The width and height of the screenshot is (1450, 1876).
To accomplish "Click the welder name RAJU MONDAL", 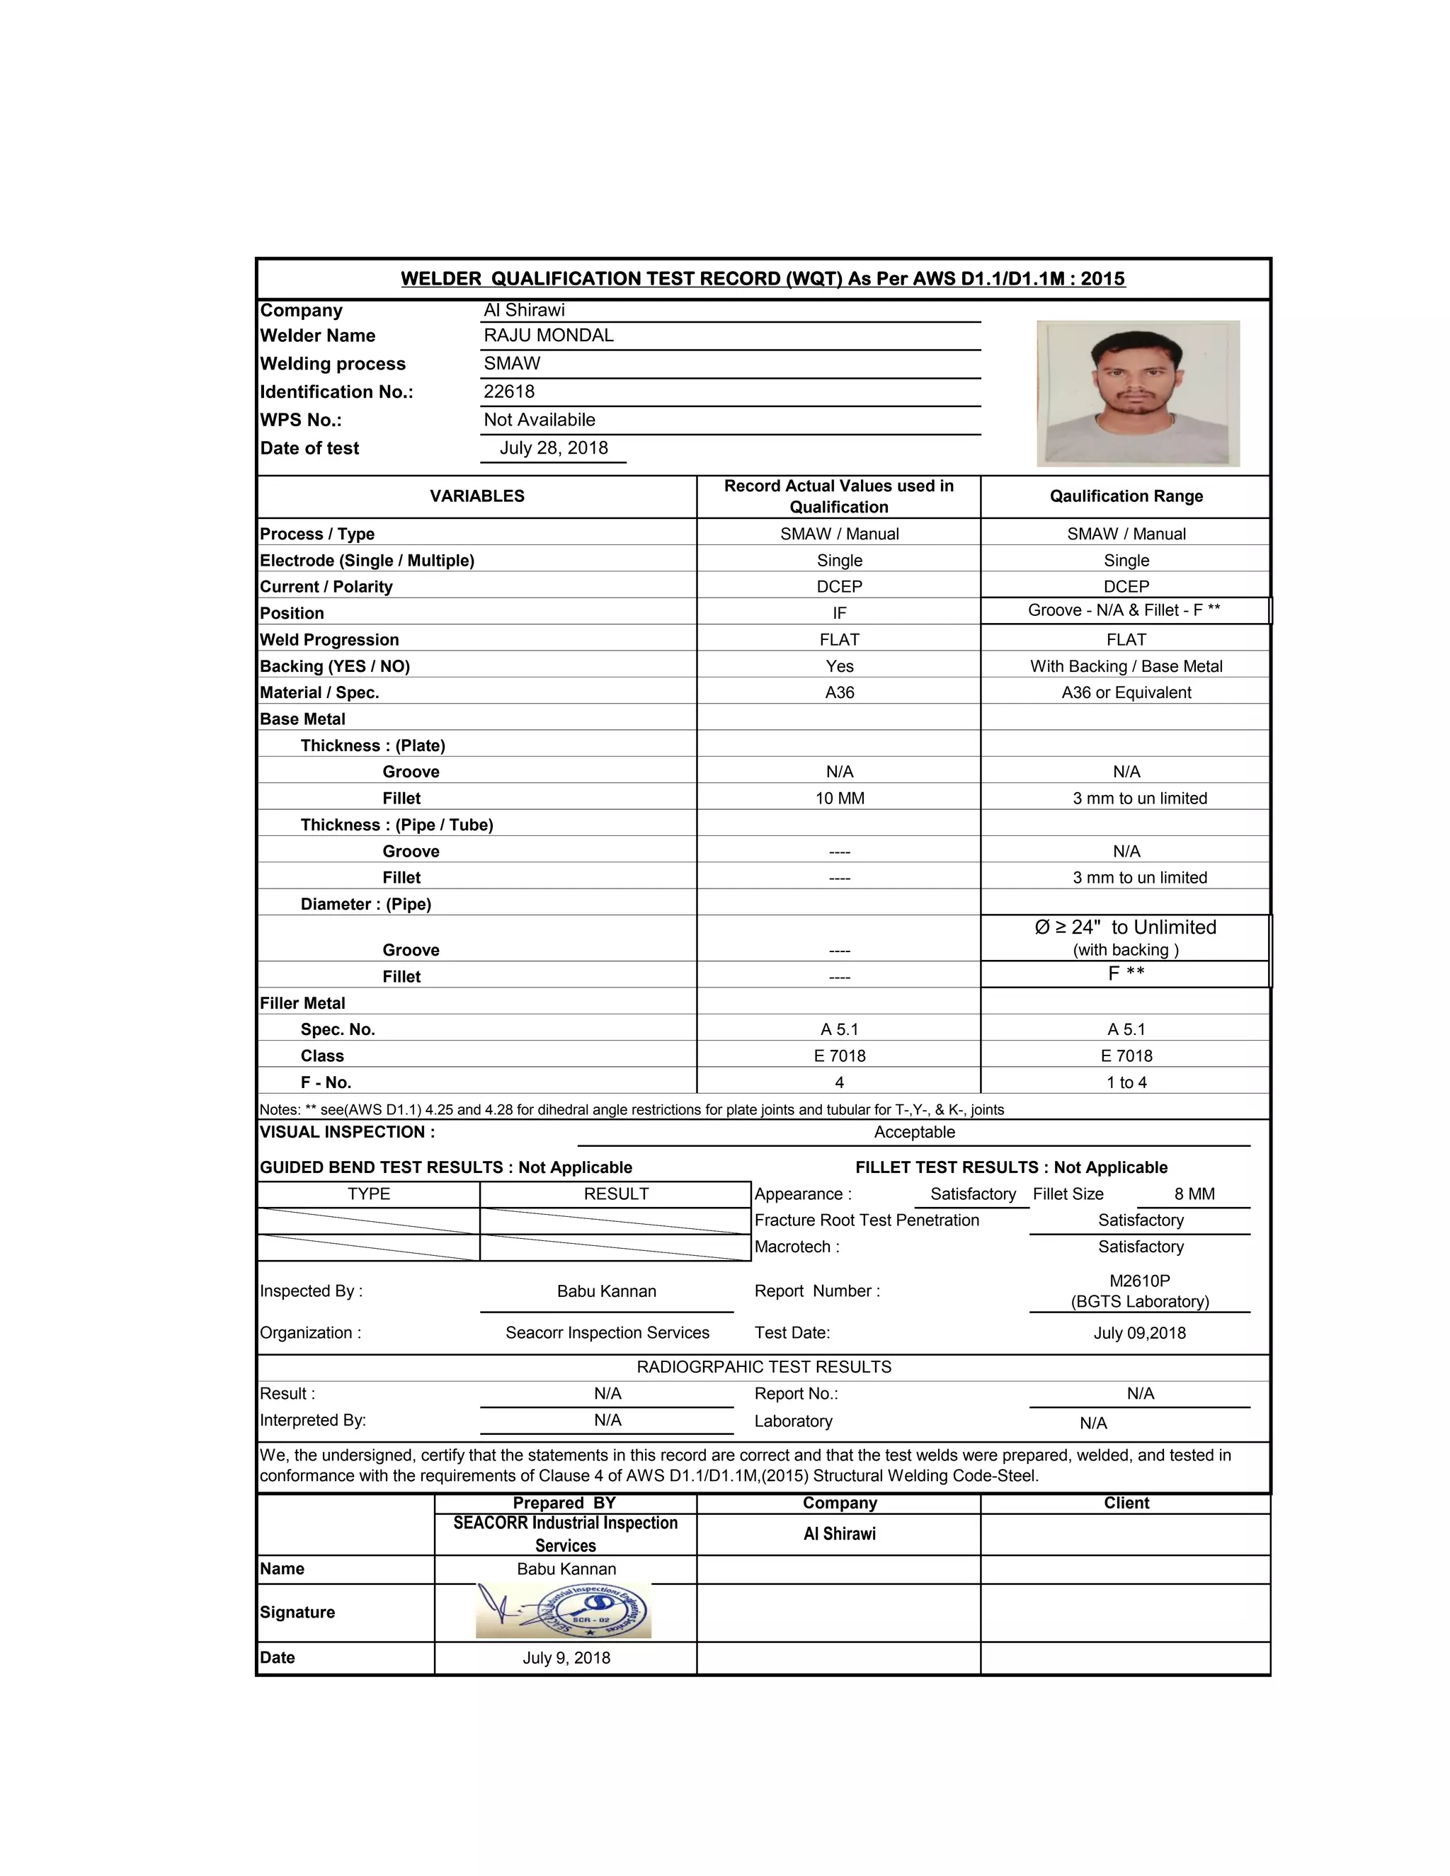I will (549, 336).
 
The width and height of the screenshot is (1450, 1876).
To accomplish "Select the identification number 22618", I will (509, 391).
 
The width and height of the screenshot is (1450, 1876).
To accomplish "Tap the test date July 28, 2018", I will (554, 448).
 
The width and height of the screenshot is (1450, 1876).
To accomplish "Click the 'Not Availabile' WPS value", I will (540, 420).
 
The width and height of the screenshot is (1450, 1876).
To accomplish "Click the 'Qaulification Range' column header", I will (1126, 496).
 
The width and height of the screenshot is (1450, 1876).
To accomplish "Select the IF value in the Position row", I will (839, 613).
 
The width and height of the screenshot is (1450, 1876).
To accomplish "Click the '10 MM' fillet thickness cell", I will (839, 799).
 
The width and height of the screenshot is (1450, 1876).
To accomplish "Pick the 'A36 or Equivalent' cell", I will (1126, 693).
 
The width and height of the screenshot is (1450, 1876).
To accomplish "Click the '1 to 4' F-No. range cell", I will (1126, 1083).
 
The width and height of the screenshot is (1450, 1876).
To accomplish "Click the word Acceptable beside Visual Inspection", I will (914, 1132).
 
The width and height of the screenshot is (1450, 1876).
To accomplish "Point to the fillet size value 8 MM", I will (1194, 1194).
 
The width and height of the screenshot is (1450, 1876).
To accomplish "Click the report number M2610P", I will (1140, 1281).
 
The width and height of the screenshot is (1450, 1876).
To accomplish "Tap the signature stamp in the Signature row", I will (564, 1611).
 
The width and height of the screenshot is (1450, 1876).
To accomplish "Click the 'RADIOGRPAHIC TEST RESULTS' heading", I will (764, 1366).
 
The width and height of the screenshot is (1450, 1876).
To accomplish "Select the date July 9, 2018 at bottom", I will (566, 1658).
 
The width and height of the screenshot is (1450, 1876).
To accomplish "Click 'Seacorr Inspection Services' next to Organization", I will (607, 1333).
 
